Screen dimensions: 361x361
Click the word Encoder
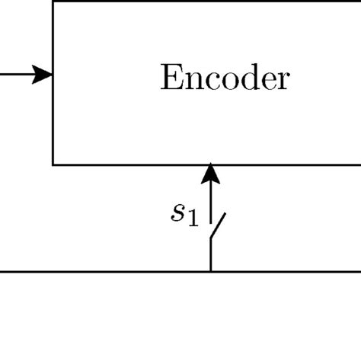225,78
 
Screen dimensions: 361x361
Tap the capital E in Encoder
169,78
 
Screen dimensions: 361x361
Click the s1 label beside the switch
184,215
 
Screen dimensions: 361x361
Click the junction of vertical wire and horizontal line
210,270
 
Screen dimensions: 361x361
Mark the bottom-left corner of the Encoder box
53,164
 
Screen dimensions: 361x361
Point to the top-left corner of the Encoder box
53,2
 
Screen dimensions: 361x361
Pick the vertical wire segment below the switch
210,255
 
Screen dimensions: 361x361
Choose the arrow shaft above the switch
210,200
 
